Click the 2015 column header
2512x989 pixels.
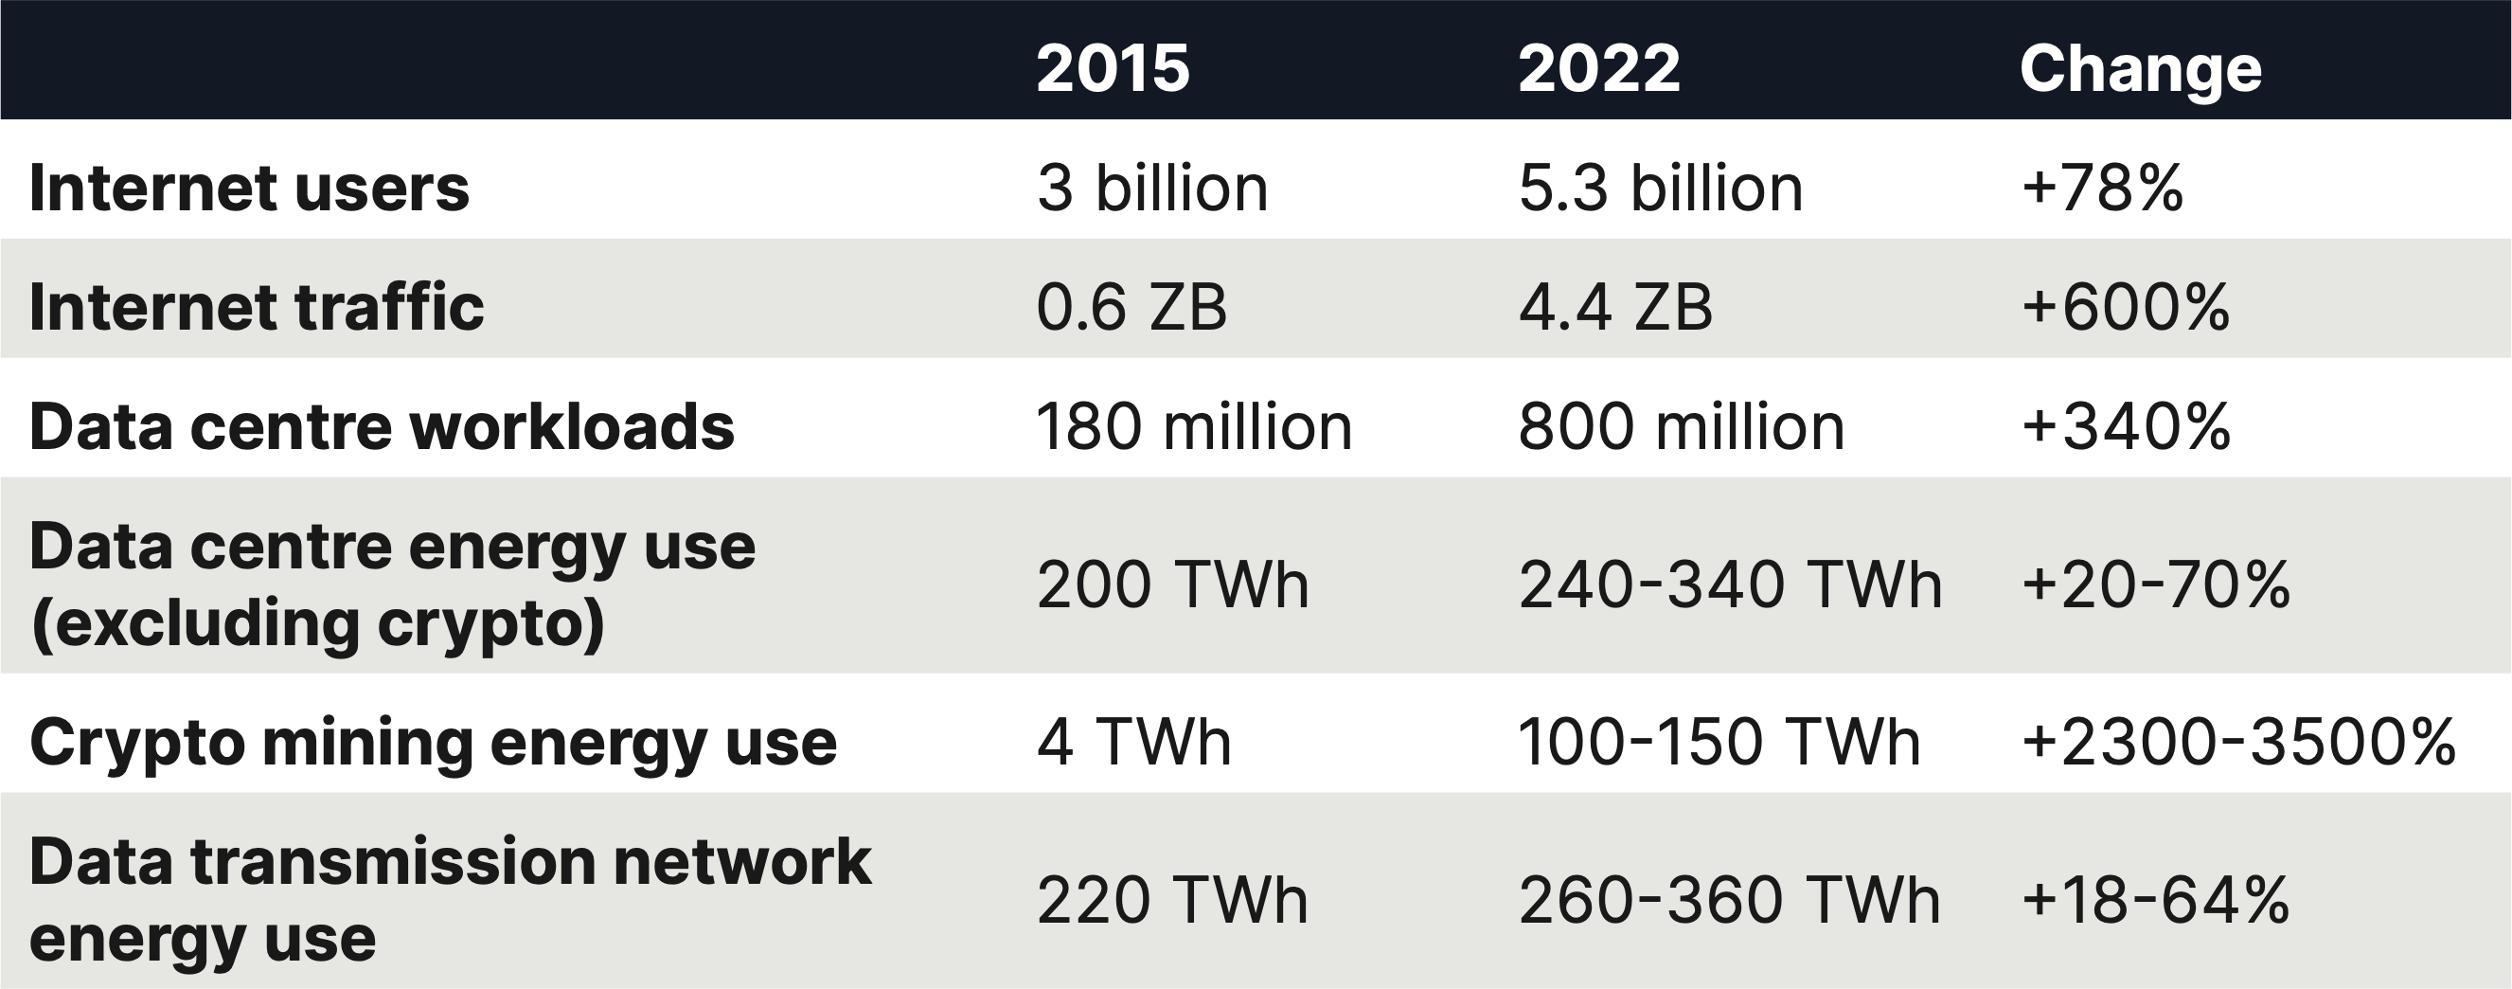coord(1113,68)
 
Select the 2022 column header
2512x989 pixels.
coord(1598,68)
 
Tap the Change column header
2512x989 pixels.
coord(2140,68)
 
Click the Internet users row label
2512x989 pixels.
coord(250,188)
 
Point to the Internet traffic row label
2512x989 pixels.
coord(257,307)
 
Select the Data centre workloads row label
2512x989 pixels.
coord(382,427)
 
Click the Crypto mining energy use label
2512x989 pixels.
coord(433,743)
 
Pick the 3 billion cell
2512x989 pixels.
coord(1151,188)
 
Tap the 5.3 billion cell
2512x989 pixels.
coord(1660,188)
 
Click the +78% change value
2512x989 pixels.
coord(2101,188)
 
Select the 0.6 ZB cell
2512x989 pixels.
coord(1131,307)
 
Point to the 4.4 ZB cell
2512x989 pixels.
coord(1615,307)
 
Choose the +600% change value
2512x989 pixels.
coord(2125,307)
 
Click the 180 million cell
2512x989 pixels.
coord(1194,427)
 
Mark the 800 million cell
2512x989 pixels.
coord(1682,427)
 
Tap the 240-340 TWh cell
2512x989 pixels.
coord(1730,585)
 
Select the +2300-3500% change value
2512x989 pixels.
coord(2238,743)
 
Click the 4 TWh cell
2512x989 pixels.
coord(1133,743)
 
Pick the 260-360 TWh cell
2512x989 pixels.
coord(1729,899)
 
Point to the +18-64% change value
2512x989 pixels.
coord(2155,899)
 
